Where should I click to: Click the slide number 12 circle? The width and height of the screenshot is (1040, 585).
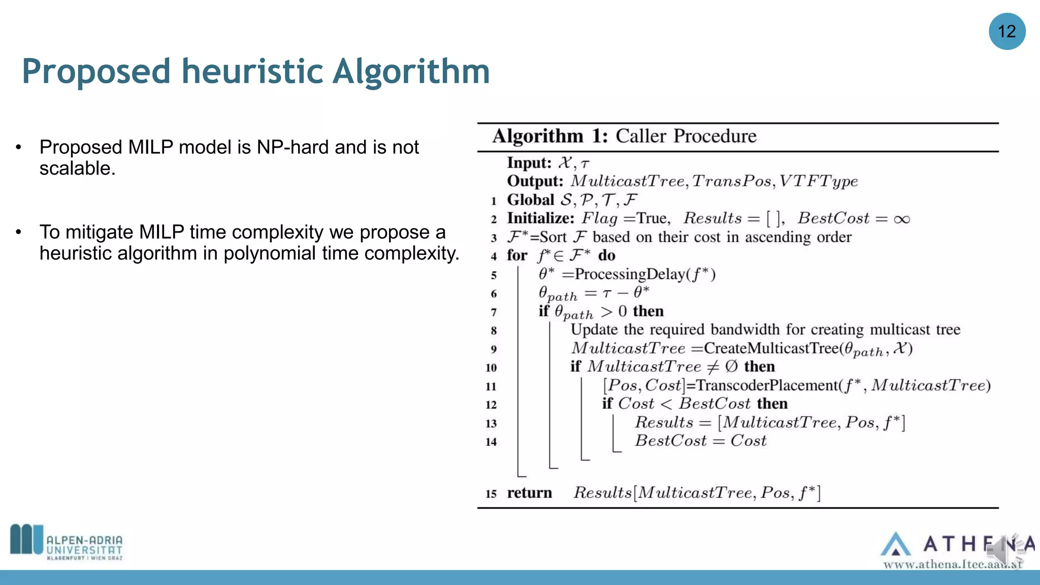coord(1006,31)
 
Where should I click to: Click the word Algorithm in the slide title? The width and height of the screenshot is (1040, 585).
coord(411,71)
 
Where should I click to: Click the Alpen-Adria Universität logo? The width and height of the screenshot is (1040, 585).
coord(67,542)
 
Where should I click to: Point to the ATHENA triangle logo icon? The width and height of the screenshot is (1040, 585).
coord(895,544)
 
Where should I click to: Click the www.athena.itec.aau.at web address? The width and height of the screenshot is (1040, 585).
coord(952,564)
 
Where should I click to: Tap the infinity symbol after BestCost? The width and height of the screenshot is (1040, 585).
coord(902,219)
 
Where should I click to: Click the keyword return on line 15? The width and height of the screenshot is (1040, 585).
coord(529,493)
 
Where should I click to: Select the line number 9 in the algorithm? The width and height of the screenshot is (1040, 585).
coord(493,349)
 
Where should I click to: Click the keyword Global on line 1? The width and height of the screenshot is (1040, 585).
coord(531,200)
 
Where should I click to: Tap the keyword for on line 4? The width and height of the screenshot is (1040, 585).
coord(517,255)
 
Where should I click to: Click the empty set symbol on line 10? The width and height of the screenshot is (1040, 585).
coord(731,367)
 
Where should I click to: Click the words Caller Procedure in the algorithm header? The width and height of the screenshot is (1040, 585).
coord(686,136)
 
